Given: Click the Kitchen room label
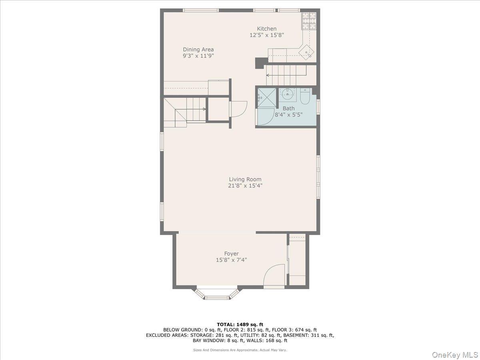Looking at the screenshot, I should (266, 29).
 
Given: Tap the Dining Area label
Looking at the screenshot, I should (198, 50).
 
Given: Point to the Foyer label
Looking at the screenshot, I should (231, 254).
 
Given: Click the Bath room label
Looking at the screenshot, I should (288, 108).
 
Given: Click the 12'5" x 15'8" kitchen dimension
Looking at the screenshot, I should (266, 35).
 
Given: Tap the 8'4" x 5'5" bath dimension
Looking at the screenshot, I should (288, 114).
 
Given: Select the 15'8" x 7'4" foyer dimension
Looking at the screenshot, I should (231, 260).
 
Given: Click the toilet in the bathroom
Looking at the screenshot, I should (305, 97).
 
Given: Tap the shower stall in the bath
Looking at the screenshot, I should (267, 97).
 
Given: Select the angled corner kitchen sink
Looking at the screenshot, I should (307, 52).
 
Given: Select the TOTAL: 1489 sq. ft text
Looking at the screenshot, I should (240, 324).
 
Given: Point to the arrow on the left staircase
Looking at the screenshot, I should (204, 109).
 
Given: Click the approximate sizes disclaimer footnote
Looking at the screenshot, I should (240, 350).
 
